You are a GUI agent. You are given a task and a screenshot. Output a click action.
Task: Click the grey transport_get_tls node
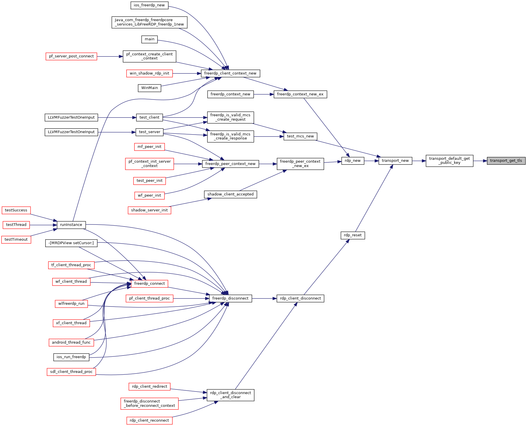pos(506,161)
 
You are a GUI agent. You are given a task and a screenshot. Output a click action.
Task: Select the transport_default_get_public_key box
pos(449,161)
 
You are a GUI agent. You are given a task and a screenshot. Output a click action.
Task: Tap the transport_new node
pos(395,161)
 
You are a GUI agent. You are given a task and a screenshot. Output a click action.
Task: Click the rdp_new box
pos(353,161)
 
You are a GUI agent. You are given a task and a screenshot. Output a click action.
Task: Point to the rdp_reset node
pos(353,235)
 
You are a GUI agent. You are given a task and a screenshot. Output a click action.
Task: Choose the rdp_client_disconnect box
pos(300,298)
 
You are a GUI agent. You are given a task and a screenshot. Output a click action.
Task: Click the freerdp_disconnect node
pos(230,298)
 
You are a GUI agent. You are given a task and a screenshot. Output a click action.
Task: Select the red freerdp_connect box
pos(149,284)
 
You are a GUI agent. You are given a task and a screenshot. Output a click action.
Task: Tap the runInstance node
pos(71,225)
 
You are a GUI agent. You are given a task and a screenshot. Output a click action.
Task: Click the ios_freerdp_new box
pos(149,5)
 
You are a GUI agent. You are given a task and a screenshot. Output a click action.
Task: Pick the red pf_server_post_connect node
pos(71,56)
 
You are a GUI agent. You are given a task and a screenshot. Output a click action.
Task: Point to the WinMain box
pos(149,88)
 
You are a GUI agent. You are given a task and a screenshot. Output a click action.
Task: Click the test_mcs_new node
pos(300,136)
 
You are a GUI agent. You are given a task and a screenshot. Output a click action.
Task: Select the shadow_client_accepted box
pos(230,194)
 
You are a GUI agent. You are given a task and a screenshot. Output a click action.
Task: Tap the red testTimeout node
pos(16,240)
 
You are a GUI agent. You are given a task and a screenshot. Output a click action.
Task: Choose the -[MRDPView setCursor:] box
pos(71,243)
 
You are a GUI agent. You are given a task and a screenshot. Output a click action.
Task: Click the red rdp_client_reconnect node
pos(149,420)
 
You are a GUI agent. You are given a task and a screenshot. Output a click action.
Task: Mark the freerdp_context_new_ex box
pos(300,94)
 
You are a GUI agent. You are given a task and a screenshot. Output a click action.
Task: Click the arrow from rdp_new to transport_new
pos(371,161)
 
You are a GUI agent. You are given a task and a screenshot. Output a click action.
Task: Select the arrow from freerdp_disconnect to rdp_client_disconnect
pos(264,298)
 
